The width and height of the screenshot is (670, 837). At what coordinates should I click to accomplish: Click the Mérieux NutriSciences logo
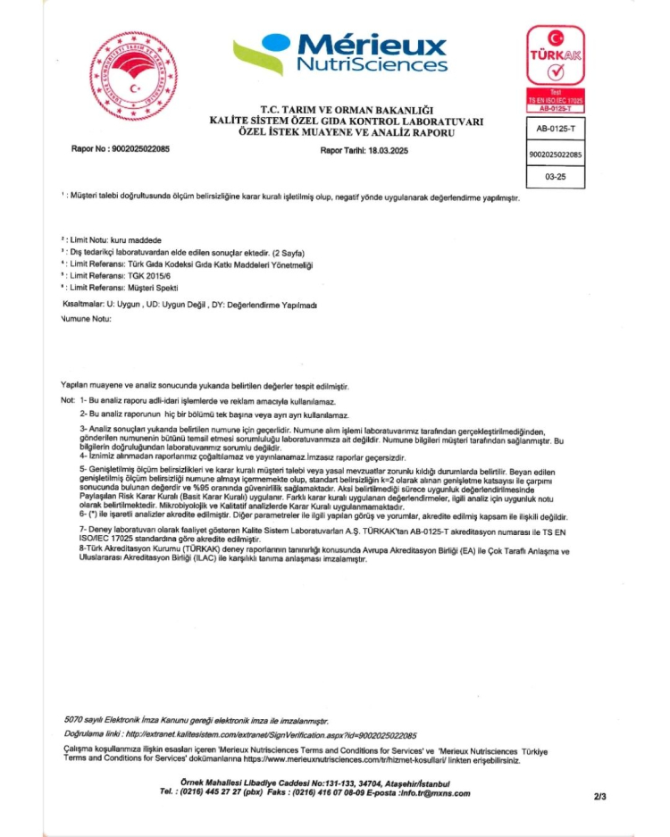coord(339,54)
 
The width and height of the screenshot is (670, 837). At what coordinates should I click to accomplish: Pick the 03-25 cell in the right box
coord(555,177)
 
